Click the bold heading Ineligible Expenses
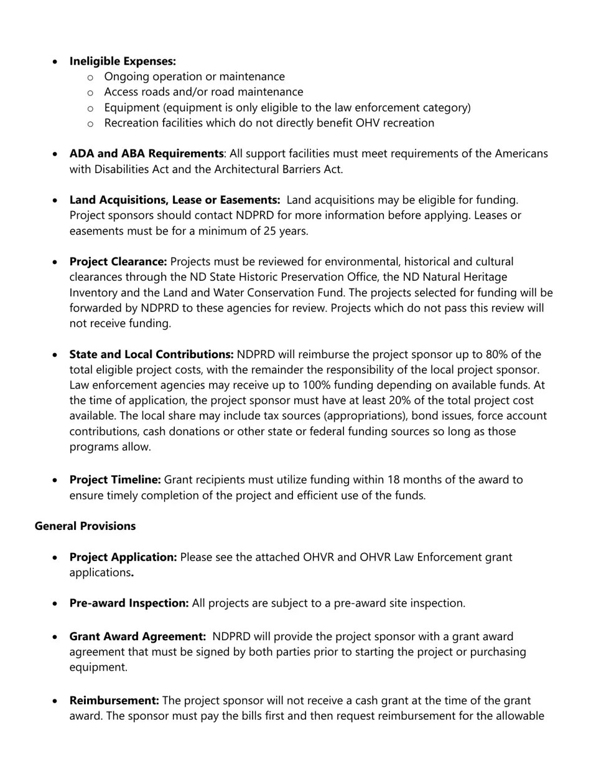point(123,61)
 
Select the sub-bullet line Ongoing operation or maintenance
point(194,77)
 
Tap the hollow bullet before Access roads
point(90,92)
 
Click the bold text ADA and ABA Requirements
point(146,153)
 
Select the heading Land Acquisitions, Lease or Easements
point(175,200)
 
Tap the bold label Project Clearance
point(118,262)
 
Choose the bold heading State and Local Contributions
point(151,354)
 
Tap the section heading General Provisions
point(85,526)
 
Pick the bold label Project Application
point(123,557)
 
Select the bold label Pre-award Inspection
point(129,603)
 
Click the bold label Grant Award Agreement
point(137,636)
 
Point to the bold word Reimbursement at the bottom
point(114,701)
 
